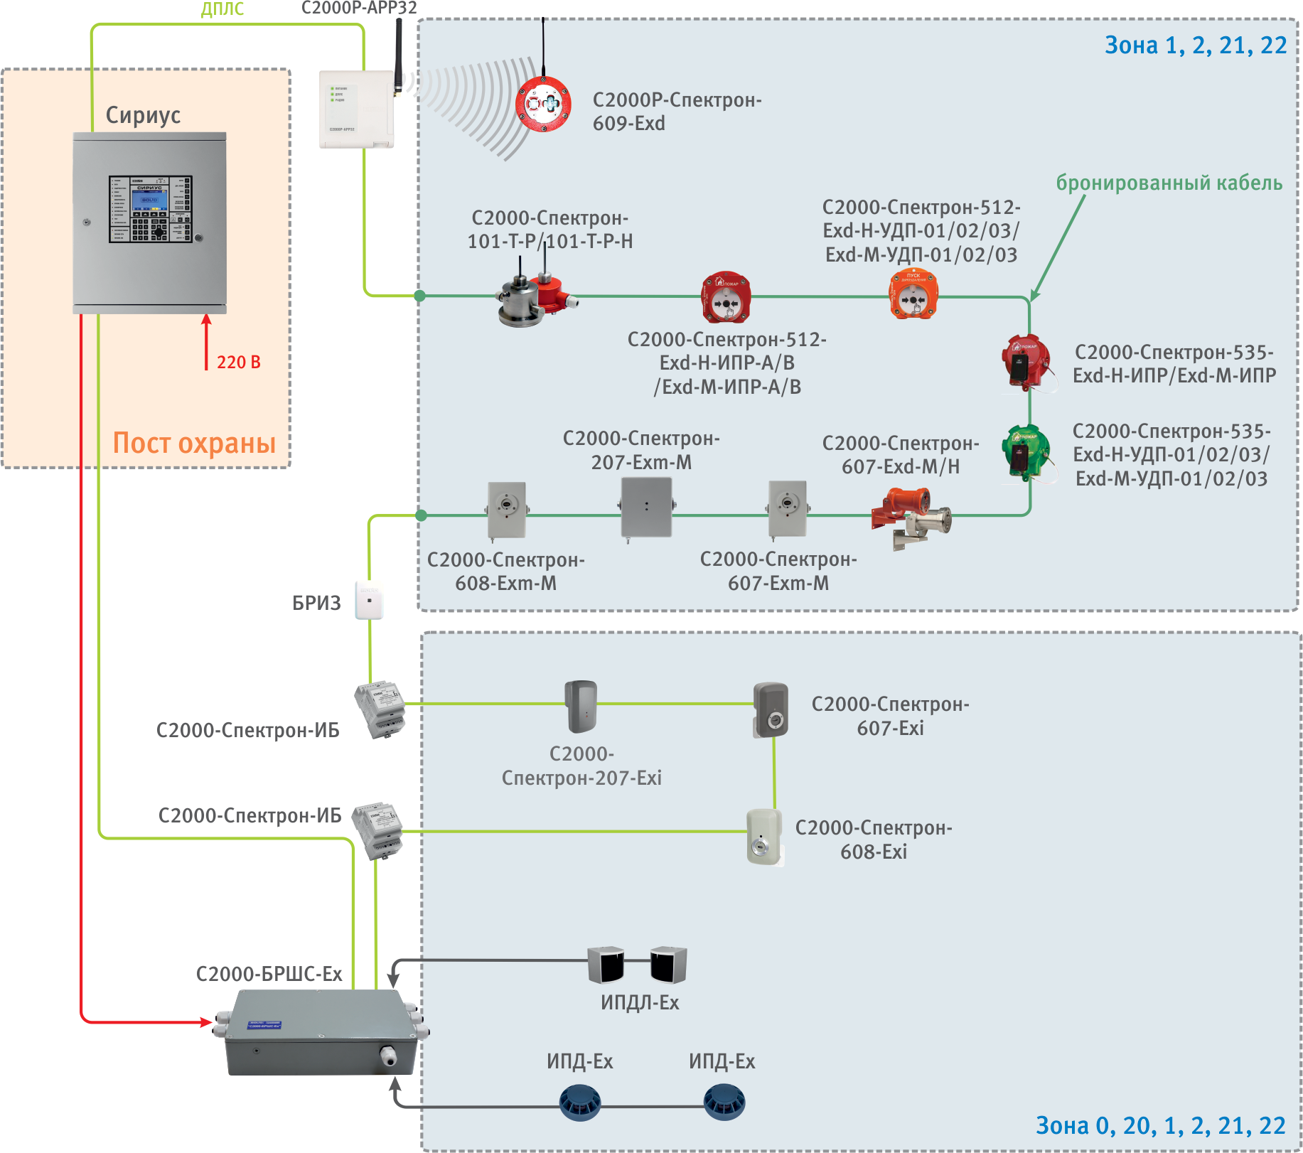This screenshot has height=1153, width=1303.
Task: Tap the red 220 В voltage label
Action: pyautogui.click(x=239, y=363)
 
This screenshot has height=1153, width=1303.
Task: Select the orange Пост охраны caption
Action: pyautogui.click(x=194, y=443)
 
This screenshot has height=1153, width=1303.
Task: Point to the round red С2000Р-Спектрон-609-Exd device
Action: pyautogui.click(x=543, y=104)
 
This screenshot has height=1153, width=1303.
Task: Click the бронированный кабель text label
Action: pyautogui.click(x=1169, y=183)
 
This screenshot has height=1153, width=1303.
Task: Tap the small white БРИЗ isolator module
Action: pyautogui.click(x=370, y=601)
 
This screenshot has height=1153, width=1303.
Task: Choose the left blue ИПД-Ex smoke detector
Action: pyautogui.click(x=580, y=1103)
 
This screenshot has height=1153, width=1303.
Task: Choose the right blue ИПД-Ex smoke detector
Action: pyautogui.click(x=724, y=1103)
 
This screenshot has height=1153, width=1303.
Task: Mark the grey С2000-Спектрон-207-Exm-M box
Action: pyautogui.click(x=646, y=507)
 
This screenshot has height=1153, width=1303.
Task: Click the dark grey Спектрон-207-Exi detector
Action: pyautogui.click(x=581, y=707)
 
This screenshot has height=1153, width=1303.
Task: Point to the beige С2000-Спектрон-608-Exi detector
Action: pyautogui.click(x=763, y=837)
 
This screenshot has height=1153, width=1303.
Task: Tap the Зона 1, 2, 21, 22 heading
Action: pyautogui.click(x=1195, y=45)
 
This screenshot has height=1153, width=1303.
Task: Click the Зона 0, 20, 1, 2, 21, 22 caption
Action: pyautogui.click(x=1160, y=1126)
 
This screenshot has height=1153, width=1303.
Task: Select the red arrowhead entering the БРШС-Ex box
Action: pyautogui.click(x=207, y=1022)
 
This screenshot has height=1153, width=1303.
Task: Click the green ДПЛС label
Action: pyautogui.click(x=222, y=9)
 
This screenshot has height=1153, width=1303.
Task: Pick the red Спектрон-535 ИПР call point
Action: pyautogui.click(x=1024, y=363)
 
